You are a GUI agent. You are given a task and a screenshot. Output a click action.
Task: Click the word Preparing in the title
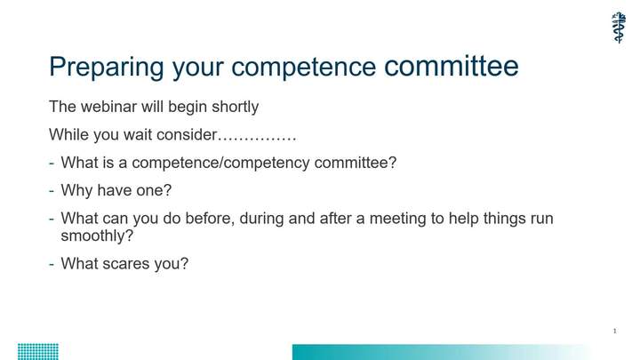point(106,68)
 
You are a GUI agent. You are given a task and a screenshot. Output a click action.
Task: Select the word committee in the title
point(452,66)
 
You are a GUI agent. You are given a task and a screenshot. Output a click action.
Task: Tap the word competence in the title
point(303,68)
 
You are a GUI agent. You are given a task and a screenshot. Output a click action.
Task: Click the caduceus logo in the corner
point(619,28)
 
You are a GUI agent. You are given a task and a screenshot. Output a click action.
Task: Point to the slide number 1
point(615,331)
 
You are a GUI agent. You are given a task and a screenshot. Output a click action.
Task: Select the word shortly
point(235,108)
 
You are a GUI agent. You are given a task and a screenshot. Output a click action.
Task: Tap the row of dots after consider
point(257,139)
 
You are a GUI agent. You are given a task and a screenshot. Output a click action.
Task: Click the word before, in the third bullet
point(210,219)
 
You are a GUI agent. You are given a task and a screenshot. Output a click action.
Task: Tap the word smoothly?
point(97,236)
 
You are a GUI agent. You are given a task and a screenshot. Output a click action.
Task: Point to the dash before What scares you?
point(52,264)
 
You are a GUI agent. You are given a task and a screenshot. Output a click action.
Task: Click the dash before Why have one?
point(52,191)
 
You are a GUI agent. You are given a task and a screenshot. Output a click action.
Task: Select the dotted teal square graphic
point(38,352)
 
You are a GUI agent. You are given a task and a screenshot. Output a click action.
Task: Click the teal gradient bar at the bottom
point(442,352)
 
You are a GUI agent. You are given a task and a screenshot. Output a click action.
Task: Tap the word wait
point(138,135)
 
